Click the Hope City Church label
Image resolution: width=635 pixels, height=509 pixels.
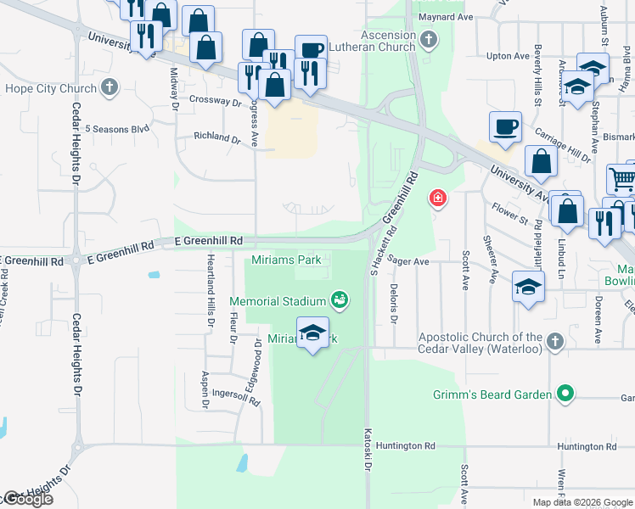(51, 87)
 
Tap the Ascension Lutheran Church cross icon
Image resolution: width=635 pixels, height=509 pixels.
(430, 39)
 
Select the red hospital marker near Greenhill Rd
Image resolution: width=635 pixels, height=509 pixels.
(437, 199)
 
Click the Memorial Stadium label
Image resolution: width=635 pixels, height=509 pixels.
(278, 300)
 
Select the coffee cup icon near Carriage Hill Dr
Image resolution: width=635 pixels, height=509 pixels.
(506, 126)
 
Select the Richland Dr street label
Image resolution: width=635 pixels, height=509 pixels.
(217, 137)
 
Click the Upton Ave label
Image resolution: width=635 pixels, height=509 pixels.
(509, 56)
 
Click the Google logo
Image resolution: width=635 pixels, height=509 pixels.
(27, 499)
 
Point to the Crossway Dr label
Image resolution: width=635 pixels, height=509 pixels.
(217, 101)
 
